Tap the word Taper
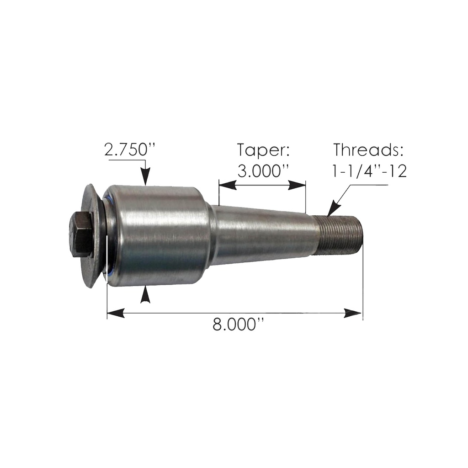coord(263,150)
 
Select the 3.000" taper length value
coord(263,171)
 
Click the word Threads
coord(369,150)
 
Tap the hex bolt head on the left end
coord(82,235)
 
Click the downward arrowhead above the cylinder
coord(145,178)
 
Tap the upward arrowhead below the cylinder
coord(145,294)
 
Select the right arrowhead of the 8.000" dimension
coord(354,313)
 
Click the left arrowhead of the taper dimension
coord(227,185)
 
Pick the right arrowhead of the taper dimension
coord(298,185)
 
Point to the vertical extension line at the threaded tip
coord(362,283)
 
